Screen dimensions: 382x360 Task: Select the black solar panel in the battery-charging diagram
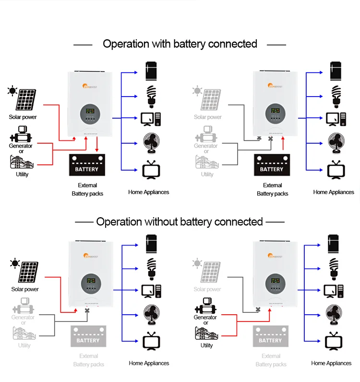[25, 99]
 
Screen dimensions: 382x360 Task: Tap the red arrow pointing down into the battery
[97, 145]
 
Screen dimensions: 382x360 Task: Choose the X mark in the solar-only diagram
[87, 311]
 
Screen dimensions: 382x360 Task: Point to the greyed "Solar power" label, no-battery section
[207, 289]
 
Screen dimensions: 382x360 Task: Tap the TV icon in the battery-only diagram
[334, 170]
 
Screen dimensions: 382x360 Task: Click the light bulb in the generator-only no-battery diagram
[335, 268]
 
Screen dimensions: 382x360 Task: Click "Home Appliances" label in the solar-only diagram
[149, 363]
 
